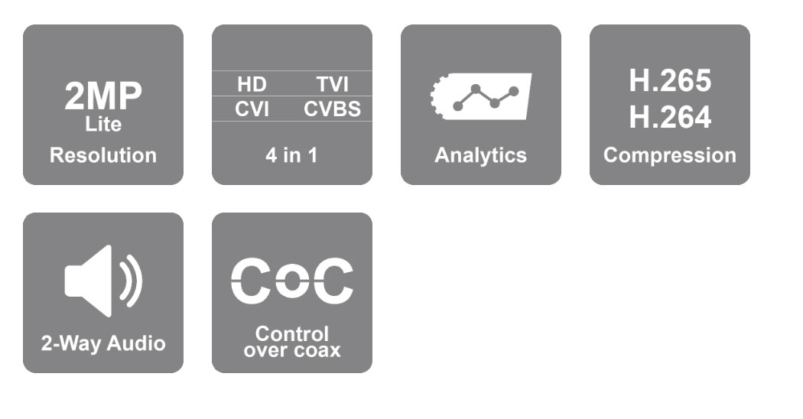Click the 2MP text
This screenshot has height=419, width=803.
point(103,96)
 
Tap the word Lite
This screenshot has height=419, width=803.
point(103,125)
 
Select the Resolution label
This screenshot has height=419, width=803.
point(103,155)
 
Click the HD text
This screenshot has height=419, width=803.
point(252,85)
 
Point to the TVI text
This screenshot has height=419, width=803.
point(333,85)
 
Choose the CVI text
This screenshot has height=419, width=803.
point(252,109)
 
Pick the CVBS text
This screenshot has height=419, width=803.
point(333,109)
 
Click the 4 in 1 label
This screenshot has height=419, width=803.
point(291,155)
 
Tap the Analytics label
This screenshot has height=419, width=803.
point(480,155)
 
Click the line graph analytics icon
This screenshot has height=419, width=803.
point(485,97)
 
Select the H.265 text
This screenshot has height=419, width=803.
point(670,81)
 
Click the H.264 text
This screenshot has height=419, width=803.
point(670,117)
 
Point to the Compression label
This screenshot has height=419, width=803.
point(670,155)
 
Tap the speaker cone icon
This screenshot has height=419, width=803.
point(88,281)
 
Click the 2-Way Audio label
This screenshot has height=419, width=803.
point(103,344)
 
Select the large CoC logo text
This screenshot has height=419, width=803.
point(292,281)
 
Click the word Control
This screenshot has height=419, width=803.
point(292,334)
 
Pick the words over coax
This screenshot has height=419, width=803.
point(292,351)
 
